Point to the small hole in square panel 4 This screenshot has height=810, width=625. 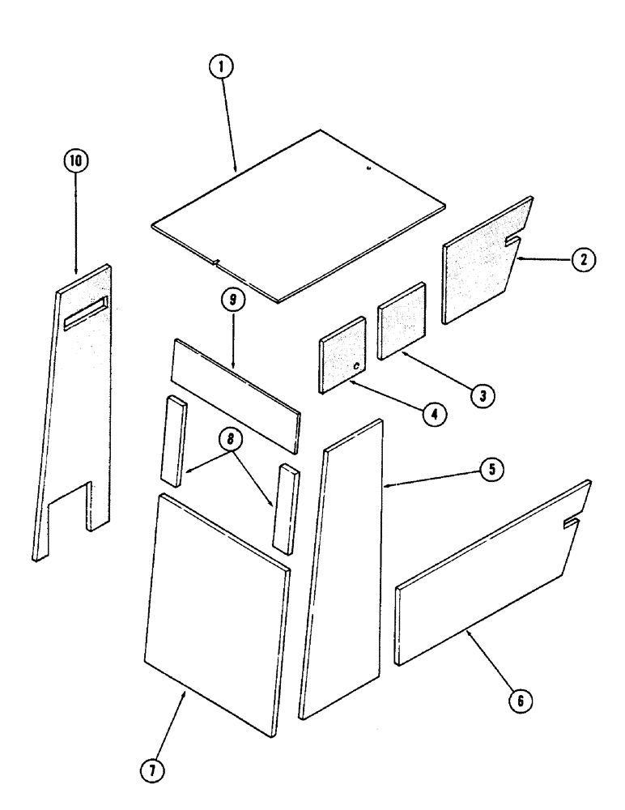pyautogui.click(x=356, y=367)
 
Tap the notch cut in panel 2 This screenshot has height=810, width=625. pyautogui.click(x=512, y=241)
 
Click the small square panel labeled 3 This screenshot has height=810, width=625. pyautogui.click(x=402, y=320)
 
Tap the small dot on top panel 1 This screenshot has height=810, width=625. pyautogui.click(x=367, y=168)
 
